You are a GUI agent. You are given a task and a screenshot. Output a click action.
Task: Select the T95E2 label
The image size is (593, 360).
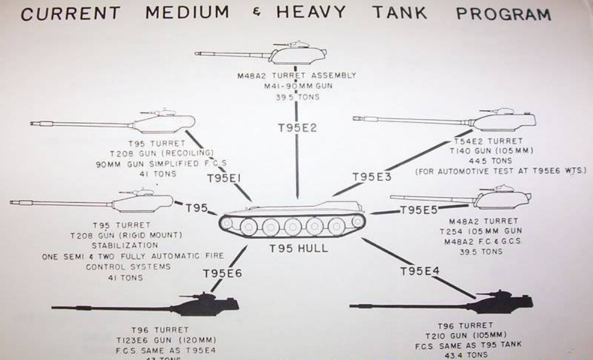(x=296, y=127)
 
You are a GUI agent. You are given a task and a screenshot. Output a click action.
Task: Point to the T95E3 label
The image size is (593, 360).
(x=372, y=177)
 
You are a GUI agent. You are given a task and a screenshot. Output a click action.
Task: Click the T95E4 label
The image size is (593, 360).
(x=419, y=271)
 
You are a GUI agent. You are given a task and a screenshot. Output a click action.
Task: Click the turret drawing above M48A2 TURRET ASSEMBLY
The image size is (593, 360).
(x=297, y=55)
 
